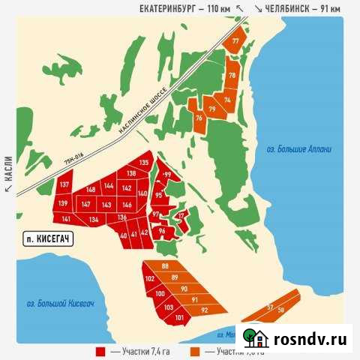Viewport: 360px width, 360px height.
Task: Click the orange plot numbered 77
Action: point(236,41)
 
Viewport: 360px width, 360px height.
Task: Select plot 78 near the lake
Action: point(232,76)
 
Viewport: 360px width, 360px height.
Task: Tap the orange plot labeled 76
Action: point(199,118)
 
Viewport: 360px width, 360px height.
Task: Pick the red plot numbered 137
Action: point(64,184)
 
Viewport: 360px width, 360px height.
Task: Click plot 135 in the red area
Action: point(143,163)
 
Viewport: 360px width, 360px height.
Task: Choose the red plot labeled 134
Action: point(93,219)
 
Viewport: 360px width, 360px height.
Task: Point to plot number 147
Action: point(86,204)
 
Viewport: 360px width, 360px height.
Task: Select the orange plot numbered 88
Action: point(165,267)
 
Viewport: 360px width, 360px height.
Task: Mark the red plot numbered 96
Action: point(162,232)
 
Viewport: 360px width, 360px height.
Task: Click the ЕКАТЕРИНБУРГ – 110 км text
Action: point(184,7)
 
